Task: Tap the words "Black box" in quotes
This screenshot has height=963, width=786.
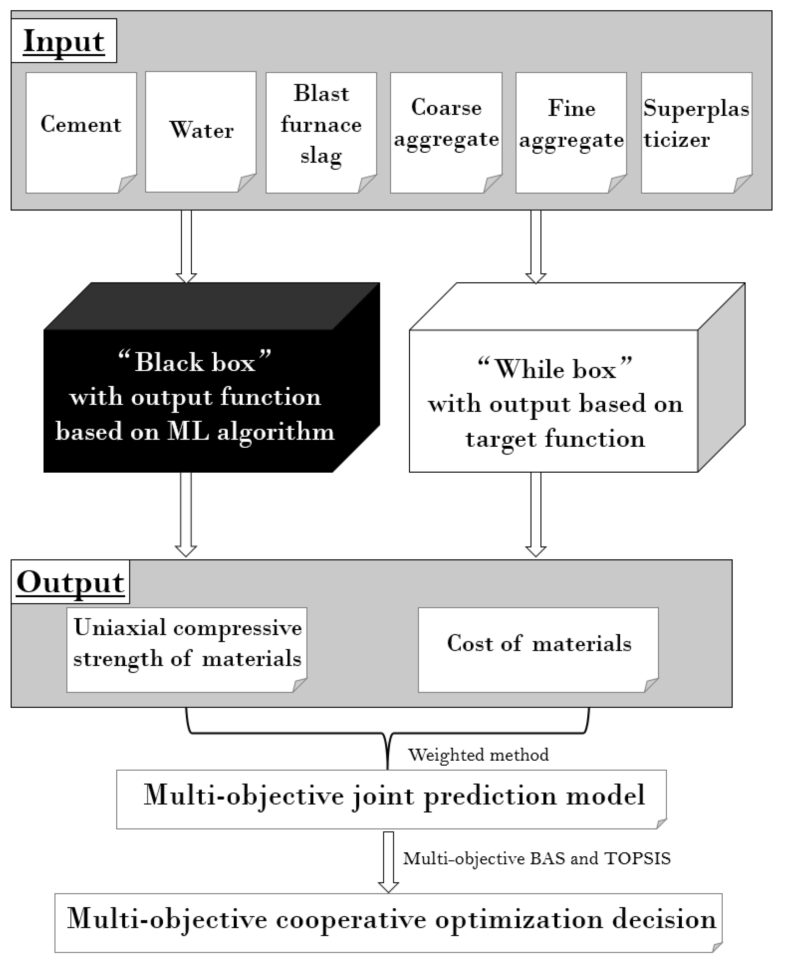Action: coord(195,362)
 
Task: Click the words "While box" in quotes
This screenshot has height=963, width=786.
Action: coord(555,369)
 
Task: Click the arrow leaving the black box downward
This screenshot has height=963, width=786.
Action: coord(186,514)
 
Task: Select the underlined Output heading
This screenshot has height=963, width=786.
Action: coord(70,582)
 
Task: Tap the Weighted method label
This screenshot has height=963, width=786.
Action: coord(478,755)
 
